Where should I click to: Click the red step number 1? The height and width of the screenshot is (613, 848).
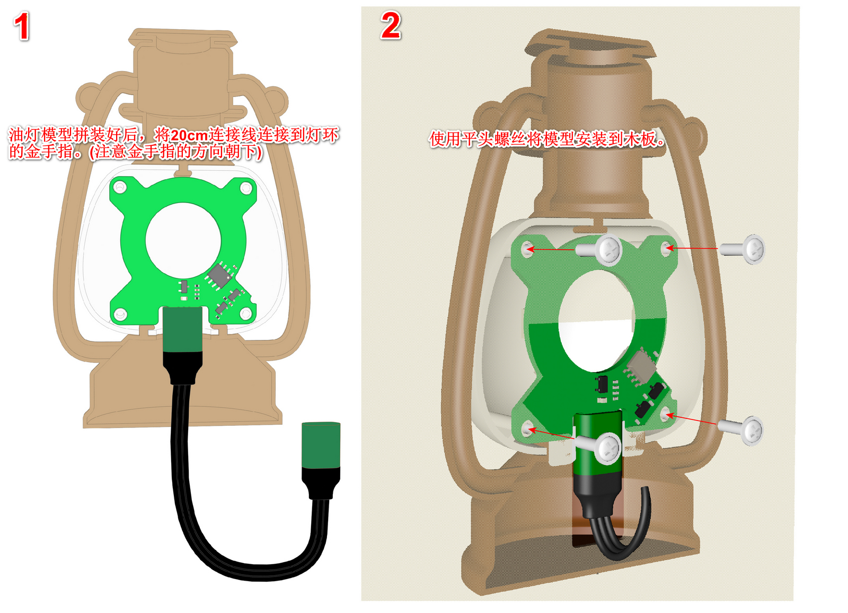pyautogui.click(x=22, y=26)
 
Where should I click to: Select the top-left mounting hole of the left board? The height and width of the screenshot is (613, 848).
pyautogui.click(x=120, y=187)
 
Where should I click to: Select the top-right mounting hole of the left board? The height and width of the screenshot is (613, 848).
pyautogui.click(x=246, y=188)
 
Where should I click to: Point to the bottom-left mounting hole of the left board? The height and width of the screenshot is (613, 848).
pyautogui.click(x=120, y=314)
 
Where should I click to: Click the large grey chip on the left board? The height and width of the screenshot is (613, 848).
pyautogui.click(x=219, y=275)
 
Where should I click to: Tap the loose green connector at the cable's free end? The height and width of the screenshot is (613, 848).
pyautogui.click(x=321, y=445)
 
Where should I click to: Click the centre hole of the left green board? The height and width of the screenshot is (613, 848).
pyautogui.click(x=183, y=240)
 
